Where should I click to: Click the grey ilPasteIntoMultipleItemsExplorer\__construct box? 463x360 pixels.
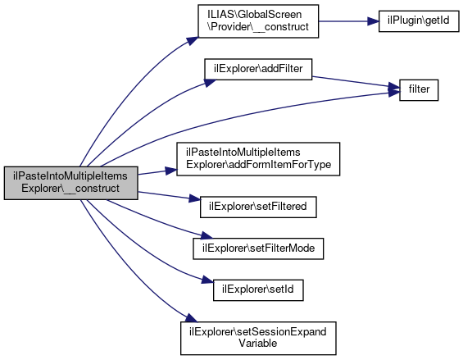[70, 183]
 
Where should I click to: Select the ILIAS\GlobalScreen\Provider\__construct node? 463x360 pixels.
[258, 21]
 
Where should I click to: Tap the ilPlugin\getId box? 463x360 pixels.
[419, 21]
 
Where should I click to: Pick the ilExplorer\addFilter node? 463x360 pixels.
[258, 69]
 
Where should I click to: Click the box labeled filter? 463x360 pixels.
[419, 90]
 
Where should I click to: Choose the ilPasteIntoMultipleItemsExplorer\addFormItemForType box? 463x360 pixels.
[258, 159]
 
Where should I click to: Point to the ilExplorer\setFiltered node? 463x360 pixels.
[258, 207]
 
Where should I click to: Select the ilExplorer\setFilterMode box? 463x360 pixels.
[258, 248]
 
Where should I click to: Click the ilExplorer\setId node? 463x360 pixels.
[258, 290]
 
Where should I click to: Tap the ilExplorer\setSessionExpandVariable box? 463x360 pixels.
[258, 338]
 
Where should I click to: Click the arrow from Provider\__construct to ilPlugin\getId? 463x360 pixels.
[348, 21]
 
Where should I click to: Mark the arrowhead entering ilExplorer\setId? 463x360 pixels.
[207, 280]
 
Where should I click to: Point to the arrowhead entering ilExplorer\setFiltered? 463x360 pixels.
[195, 199]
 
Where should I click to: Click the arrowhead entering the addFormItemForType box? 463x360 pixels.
[171, 171]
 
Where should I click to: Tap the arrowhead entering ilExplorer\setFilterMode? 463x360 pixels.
[207, 236]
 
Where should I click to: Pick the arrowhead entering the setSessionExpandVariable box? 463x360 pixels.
[191, 318]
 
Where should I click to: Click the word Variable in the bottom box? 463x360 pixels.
[258, 344]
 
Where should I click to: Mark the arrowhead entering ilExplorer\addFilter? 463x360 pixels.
[211, 83]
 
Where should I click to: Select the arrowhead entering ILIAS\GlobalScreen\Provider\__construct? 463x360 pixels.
[193, 41]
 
